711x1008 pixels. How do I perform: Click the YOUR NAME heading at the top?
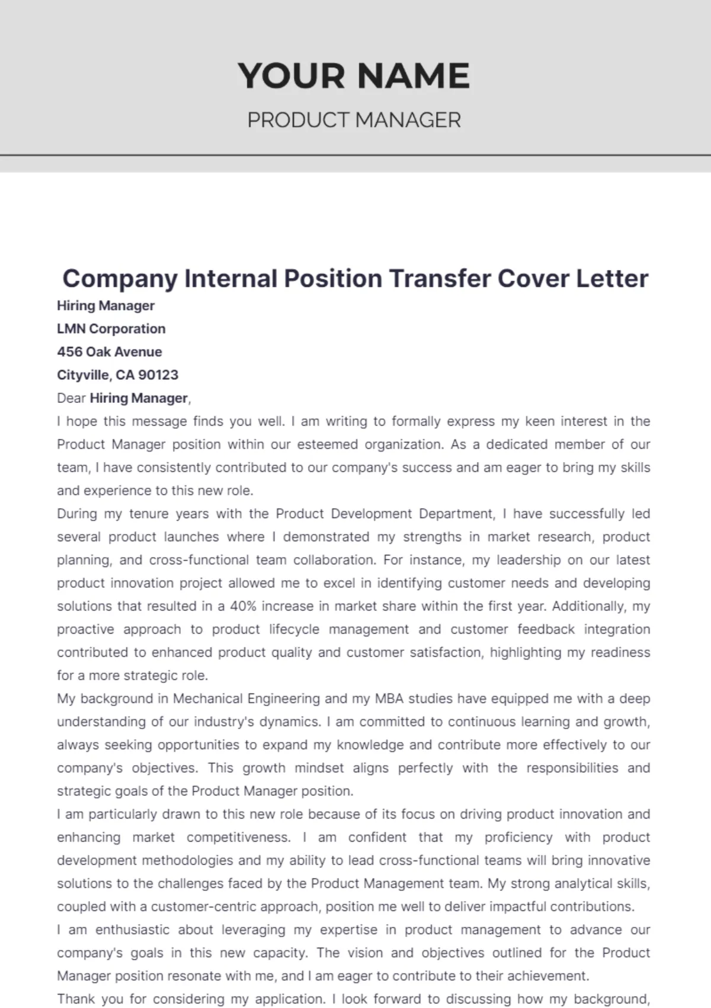tap(354, 76)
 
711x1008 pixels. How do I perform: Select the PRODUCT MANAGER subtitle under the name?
tap(354, 120)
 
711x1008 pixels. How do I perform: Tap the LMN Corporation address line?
tap(111, 329)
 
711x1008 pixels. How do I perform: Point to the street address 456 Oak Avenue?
tap(110, 352)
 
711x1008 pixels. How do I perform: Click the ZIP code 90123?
tap(158, 375)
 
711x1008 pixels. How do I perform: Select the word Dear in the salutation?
tap(71, 398)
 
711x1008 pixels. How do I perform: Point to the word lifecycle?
tap(293, 629)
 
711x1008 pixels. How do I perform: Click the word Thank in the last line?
tap(75, 999)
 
